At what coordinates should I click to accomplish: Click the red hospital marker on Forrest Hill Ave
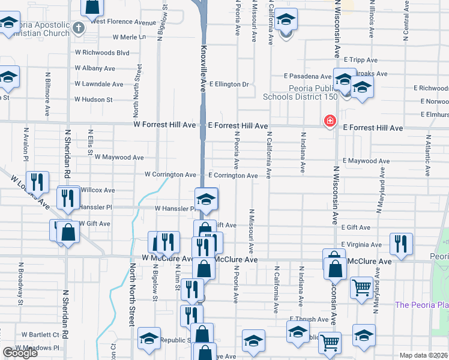coord(330,122)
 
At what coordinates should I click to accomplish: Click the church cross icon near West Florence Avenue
coord(79,28)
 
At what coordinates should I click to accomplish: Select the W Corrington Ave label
coord(170,175)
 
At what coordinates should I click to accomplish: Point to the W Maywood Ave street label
coord(118,157)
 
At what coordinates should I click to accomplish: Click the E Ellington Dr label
coord(229,85)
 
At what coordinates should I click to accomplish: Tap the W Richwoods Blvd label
coord(102,53)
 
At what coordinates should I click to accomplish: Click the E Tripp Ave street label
coord(361,60)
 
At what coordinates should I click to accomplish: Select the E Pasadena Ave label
coord(309,77)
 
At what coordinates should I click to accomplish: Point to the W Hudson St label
coord(93,100)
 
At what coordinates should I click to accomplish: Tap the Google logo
coord(20,353)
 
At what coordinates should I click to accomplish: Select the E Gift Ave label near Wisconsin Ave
coord(358,228)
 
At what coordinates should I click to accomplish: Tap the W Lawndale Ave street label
coord(98,85)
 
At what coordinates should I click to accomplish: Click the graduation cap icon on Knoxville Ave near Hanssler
coord(206,199)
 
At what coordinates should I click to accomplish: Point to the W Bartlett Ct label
coord(40,334)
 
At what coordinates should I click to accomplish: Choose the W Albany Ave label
coord(95,68)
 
